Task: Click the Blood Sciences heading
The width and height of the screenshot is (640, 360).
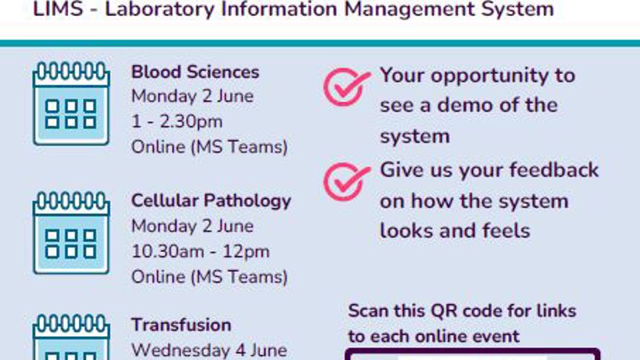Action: point(195,72)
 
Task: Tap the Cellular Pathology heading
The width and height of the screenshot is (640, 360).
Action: point(211,201)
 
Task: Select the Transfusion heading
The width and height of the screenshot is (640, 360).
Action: point(181,325)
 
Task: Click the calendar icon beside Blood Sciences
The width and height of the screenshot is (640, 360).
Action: point(71,103)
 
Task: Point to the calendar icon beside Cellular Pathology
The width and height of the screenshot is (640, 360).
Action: point(71,233)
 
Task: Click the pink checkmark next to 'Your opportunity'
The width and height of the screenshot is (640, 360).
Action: point(346,87)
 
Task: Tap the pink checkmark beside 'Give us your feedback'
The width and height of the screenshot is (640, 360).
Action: point(346,181)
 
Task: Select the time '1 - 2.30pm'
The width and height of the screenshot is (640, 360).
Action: point(177,121)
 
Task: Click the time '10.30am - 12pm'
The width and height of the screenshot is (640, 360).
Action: point(201,252)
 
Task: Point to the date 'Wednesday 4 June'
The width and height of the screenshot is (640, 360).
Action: point(209,351)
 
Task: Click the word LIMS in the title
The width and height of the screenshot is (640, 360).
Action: point(57,9)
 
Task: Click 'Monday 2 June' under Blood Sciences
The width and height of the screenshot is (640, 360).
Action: point(192,96)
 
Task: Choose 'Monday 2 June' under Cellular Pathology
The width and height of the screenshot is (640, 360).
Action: point(192,226)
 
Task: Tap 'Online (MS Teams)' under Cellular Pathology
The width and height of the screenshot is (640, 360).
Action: point(209,277)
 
